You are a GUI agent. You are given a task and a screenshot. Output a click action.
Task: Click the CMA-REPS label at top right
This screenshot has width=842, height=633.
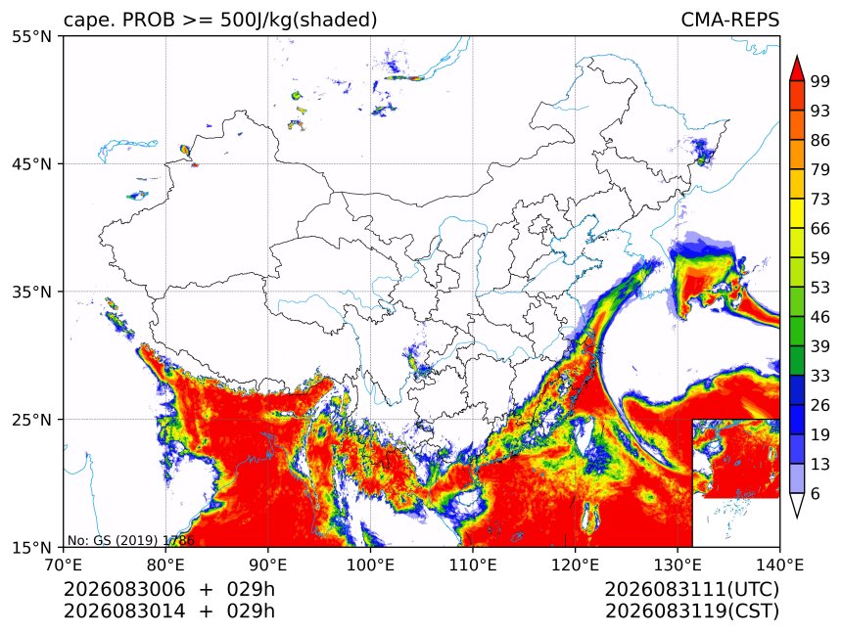pos(729,20)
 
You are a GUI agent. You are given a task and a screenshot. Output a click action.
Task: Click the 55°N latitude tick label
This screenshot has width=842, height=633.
pos(31,36)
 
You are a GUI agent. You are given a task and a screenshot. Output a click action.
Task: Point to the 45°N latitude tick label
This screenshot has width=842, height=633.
pos(31,163)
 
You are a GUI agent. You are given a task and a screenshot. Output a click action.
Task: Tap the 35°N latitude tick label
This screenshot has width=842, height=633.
pos(31,292)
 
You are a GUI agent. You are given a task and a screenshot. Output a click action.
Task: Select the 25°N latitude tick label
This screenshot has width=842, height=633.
pos(31,419)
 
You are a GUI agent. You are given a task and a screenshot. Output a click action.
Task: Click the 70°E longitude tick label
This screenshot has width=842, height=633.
pos(64,565)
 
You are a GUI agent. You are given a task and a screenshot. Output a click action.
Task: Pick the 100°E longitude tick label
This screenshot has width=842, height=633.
pos(370,565)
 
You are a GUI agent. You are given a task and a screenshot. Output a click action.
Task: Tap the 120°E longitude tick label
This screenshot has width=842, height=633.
pos(575,565)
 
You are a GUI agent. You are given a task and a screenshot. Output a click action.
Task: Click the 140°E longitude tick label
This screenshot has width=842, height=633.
pos(779,565)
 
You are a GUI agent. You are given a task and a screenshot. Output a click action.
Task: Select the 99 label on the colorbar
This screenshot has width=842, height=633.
pos(820,81)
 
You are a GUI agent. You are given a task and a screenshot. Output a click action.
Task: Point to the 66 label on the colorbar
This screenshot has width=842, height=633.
pos(820,229)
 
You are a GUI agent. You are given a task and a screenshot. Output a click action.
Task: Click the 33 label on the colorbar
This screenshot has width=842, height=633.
pos(820,376)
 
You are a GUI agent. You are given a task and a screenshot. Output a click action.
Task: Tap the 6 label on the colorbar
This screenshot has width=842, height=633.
pos(816,493)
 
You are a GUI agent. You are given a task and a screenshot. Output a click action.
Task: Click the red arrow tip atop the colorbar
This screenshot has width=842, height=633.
pos(797,56)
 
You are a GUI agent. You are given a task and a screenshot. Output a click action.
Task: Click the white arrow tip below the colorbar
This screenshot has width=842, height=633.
pos(797,518)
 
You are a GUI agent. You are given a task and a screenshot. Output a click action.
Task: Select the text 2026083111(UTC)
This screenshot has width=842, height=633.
pos(691,590)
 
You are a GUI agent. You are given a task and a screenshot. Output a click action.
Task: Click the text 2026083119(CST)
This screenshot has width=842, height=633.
pos(691,611)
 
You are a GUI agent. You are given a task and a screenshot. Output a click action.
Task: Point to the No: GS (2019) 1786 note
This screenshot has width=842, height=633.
pos(130,540)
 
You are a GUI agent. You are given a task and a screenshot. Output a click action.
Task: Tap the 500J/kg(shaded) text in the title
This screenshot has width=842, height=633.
pos(299,21)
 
